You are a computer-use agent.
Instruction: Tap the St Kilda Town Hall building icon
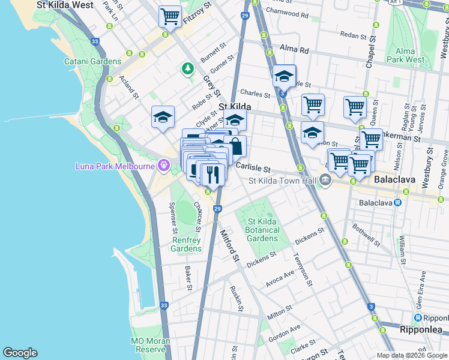(x=325, y=180)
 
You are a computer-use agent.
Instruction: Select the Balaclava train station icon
(x=397, y=203)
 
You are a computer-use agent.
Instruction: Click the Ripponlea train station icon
(x=418, y=318)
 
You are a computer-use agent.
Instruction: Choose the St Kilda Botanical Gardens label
(x=262, y=230)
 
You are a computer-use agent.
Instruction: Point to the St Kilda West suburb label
(x=65, y=5)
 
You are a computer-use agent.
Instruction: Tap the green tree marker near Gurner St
(x=188, y=70)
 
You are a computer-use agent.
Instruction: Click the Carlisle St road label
(x=253, y=170)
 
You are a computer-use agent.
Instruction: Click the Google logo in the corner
(x=20, y=353)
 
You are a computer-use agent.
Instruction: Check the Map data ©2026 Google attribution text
(x=412, y=355)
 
